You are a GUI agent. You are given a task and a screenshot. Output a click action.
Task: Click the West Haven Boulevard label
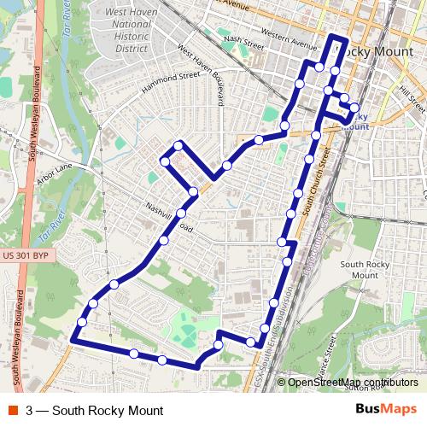(198, 74)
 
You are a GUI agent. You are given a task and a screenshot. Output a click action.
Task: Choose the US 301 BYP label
(23, 254)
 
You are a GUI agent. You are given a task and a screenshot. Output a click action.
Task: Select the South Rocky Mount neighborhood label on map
(365, 270)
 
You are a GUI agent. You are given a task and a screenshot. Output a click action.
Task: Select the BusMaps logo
(385, 410)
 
